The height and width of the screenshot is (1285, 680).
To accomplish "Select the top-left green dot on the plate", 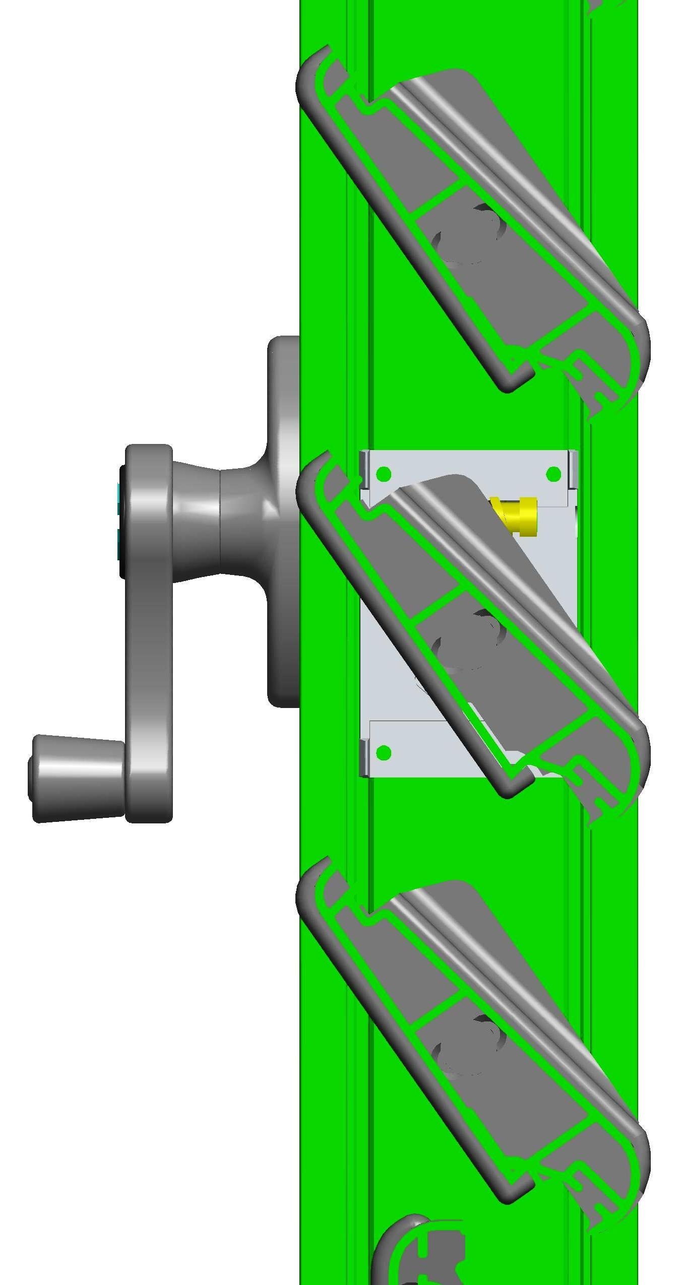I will [384, 474].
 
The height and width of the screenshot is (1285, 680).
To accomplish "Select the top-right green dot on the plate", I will [553, 474].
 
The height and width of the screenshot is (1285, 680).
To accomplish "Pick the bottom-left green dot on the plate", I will [384, 752].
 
